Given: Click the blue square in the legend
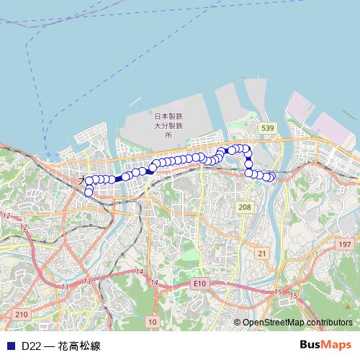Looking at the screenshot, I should coord(10,345).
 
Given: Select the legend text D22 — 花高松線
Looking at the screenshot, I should coord(60,345).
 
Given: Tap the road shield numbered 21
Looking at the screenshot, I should coord(261,253).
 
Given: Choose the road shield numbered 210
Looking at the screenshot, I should coord(21,314).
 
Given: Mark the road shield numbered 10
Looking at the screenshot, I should coord(152,321).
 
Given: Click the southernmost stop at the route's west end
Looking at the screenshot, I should coord(89,192).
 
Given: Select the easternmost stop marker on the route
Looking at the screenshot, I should coord(271,177).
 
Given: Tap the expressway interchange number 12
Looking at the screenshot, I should coord(6,216).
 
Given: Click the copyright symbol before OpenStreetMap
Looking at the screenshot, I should coord(238,323).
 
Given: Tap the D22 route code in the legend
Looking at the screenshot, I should coord(31,345).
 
